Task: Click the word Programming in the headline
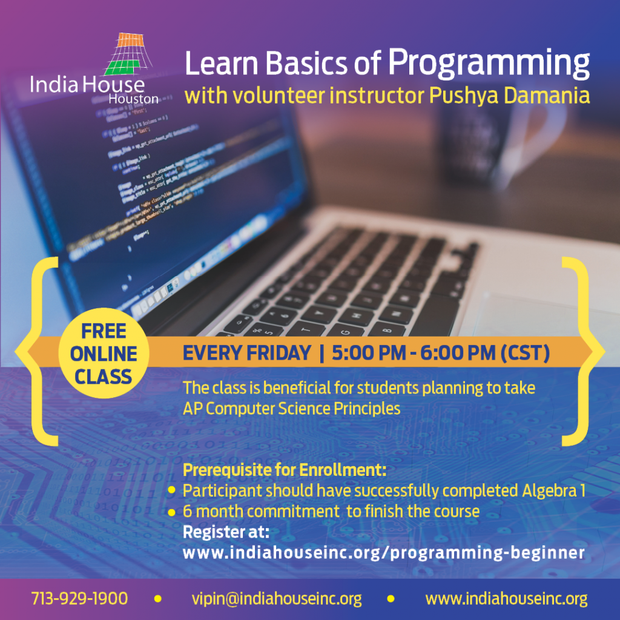(x=489, y=63)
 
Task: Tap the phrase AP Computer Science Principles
(x=291, y=409)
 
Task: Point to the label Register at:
(x=226, y=532)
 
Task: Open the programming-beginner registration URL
(x=383, y=552)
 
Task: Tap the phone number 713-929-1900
(x=79, y=599)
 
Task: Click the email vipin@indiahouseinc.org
(x=276, y=599)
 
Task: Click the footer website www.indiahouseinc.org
(x=506, y=599)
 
